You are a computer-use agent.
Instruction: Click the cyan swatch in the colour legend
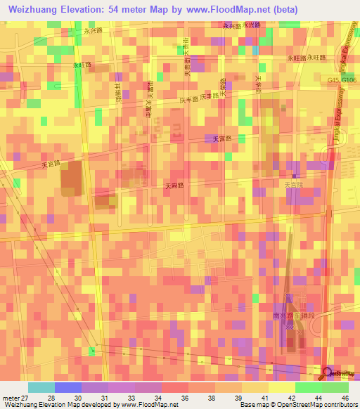[41, 387]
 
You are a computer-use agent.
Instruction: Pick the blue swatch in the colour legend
[68, 387]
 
